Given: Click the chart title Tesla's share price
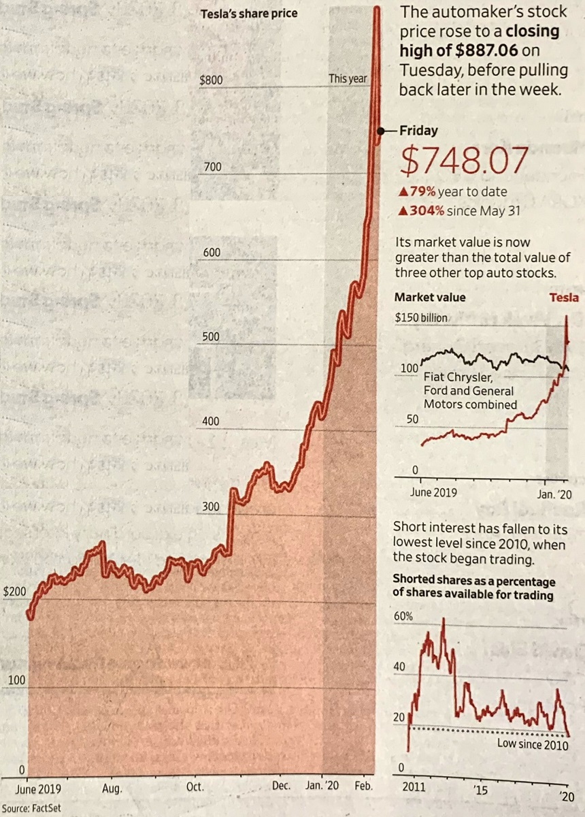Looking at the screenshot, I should pyautogui.click(x=249, y=13).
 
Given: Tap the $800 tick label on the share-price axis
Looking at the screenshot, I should pyautogui.click(x=211, y=80).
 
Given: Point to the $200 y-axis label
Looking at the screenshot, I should pyautogui.click(x=14, y=592).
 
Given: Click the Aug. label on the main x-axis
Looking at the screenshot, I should pyautogui.click(x=112, y=789).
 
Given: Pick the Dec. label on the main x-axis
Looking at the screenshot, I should pyautogui.click(x=281, y=785).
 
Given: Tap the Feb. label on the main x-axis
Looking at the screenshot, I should pyautogui.click(x=364, y=785).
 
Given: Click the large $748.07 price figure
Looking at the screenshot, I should pyautogui.click(x=464, y=161).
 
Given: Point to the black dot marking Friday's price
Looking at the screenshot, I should pyautogui.click(x=381, y=130).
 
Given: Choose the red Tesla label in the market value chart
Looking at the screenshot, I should pyautogui.click(x=564, y=297).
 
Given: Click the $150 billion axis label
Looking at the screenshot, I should pyautogui.click(x=421, y=317).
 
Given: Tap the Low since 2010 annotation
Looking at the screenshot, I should pyautogui.click(x=532, y=743).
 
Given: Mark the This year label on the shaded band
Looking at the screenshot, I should pyautogui.click(x=348, y=79).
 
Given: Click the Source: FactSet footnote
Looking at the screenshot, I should pyautogui.click(x=30, y=810).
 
